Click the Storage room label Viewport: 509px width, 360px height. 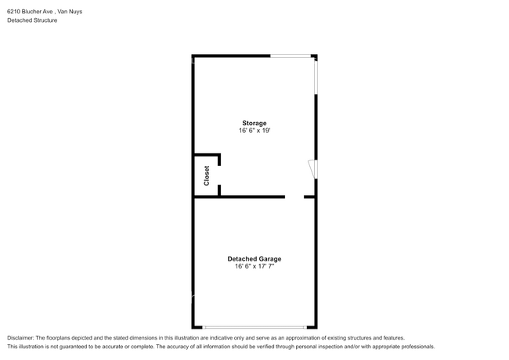[x=254, y=123]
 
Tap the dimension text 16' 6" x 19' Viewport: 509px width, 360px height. [x=254, y=131]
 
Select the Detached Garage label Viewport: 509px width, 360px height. [x=254, y=258]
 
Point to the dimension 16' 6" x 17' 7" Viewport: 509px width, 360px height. [x=254, y=266]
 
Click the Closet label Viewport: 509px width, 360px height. [x=207, y=175]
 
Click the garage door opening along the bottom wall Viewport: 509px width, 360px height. [x=254, y=326]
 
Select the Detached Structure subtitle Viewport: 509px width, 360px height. [x=32, y=20]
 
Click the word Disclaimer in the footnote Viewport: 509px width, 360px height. [x=21, y=337]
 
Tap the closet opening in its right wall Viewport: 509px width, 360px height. [x=219, y=175]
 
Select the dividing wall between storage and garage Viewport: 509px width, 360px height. [x=251, y=196]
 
